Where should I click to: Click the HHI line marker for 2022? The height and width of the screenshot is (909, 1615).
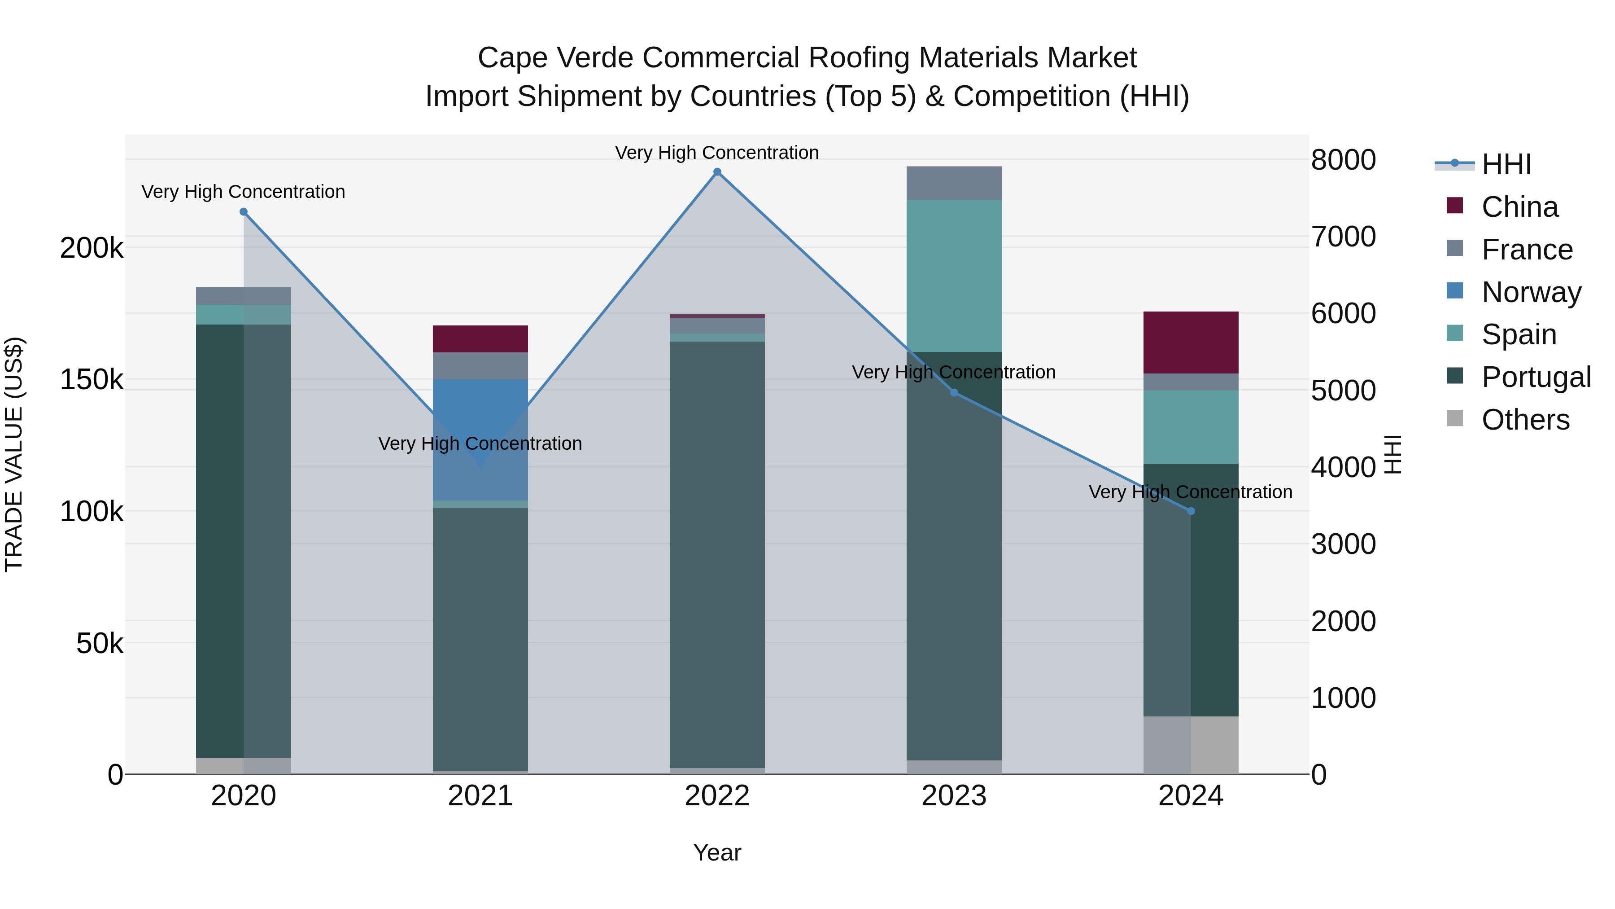point(717,172)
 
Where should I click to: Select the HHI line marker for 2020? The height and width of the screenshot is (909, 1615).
point(244,212)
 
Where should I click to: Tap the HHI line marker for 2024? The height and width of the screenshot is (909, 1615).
point(1191,511)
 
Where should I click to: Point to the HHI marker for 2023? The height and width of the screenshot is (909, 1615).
point(954,393)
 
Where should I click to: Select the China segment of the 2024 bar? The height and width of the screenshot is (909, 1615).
point(1191,343)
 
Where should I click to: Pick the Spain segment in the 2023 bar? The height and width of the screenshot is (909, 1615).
point(954,276)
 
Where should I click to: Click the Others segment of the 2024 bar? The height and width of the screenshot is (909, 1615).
point(1191,745)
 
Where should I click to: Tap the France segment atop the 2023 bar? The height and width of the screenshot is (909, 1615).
point(954,184)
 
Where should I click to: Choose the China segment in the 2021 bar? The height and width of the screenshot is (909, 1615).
point(480,339)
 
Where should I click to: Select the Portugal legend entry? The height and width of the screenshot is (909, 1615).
point(1536,377)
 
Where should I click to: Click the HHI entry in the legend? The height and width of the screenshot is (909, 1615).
point(1506,164)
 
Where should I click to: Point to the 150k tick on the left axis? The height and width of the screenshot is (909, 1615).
point(92,379)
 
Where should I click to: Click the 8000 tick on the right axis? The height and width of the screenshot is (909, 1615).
point(1343,159)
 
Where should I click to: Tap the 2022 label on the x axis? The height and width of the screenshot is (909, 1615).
point(717,796)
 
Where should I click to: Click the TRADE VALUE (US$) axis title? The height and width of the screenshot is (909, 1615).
point(14,454)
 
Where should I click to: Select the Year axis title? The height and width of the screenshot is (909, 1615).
point(717,852)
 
